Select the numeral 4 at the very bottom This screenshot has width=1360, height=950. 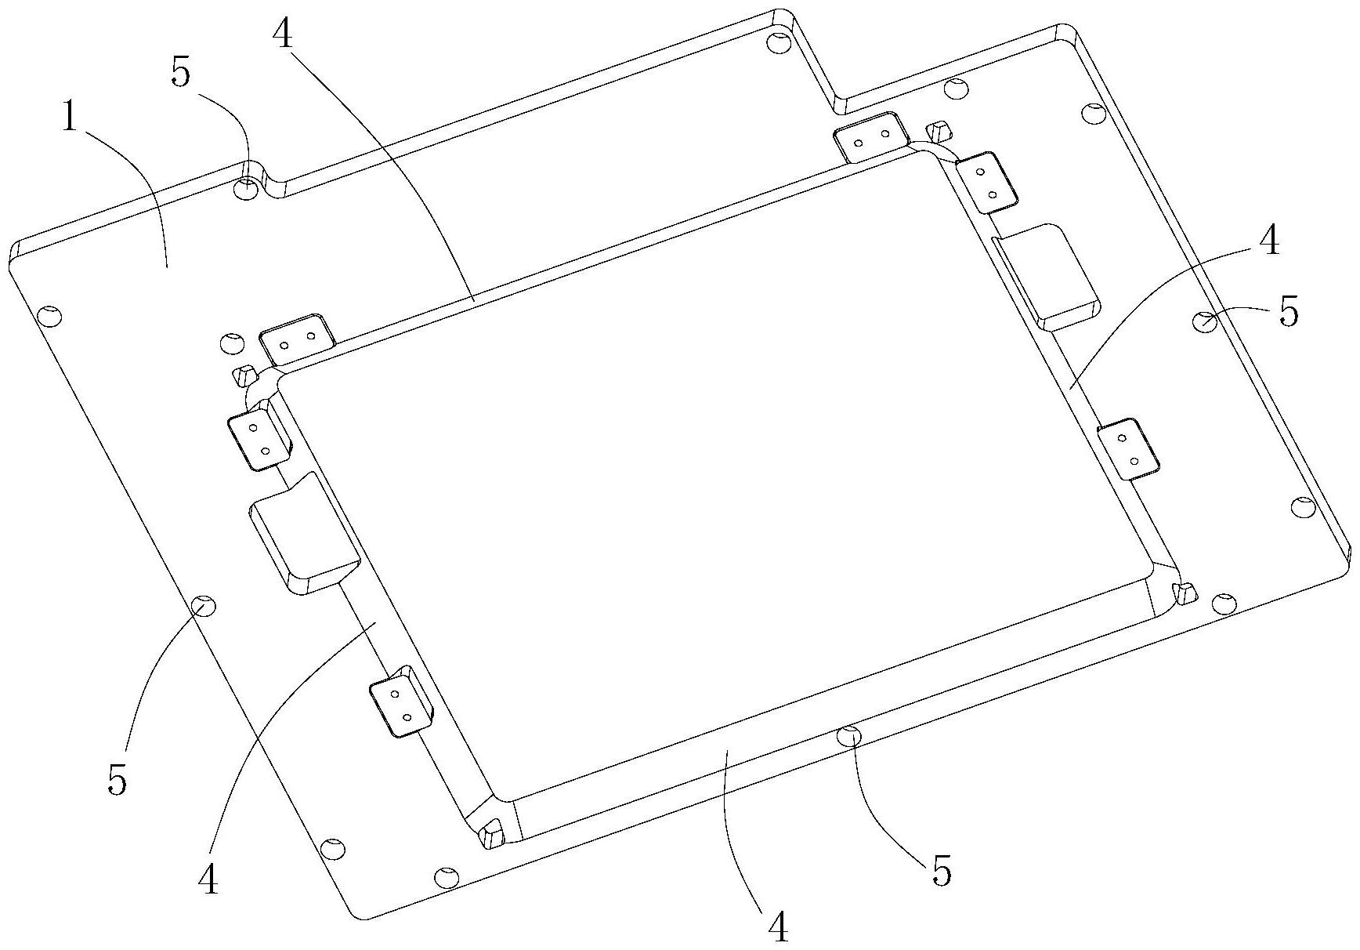pos(777,927)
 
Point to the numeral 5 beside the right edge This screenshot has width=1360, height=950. pos(1288,312)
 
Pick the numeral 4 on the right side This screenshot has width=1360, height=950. pos(1268,240)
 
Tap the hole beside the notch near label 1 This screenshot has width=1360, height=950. pos(246,189)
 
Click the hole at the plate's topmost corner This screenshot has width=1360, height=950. pos(777,41)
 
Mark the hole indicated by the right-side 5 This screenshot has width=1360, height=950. pos(1204,320)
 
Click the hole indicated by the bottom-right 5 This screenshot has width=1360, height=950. pos(848,735)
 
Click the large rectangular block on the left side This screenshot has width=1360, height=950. pos(302,533)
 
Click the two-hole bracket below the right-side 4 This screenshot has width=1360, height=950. pos(1127,450)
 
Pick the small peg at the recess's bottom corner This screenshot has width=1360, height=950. pos(493,833)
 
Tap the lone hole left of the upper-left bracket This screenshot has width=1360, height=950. pos(231,343)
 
